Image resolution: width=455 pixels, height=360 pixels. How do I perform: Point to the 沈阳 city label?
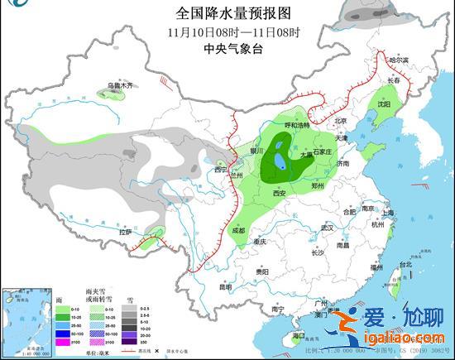point(383,105)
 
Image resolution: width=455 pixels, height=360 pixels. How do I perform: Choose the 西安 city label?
point(278,193)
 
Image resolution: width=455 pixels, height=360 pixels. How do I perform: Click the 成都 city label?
point(238,230)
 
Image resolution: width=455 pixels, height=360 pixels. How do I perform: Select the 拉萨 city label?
point(125,233)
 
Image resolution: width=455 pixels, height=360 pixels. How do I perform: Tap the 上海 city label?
point(388,213)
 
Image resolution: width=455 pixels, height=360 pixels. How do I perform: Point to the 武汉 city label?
point(327,228)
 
